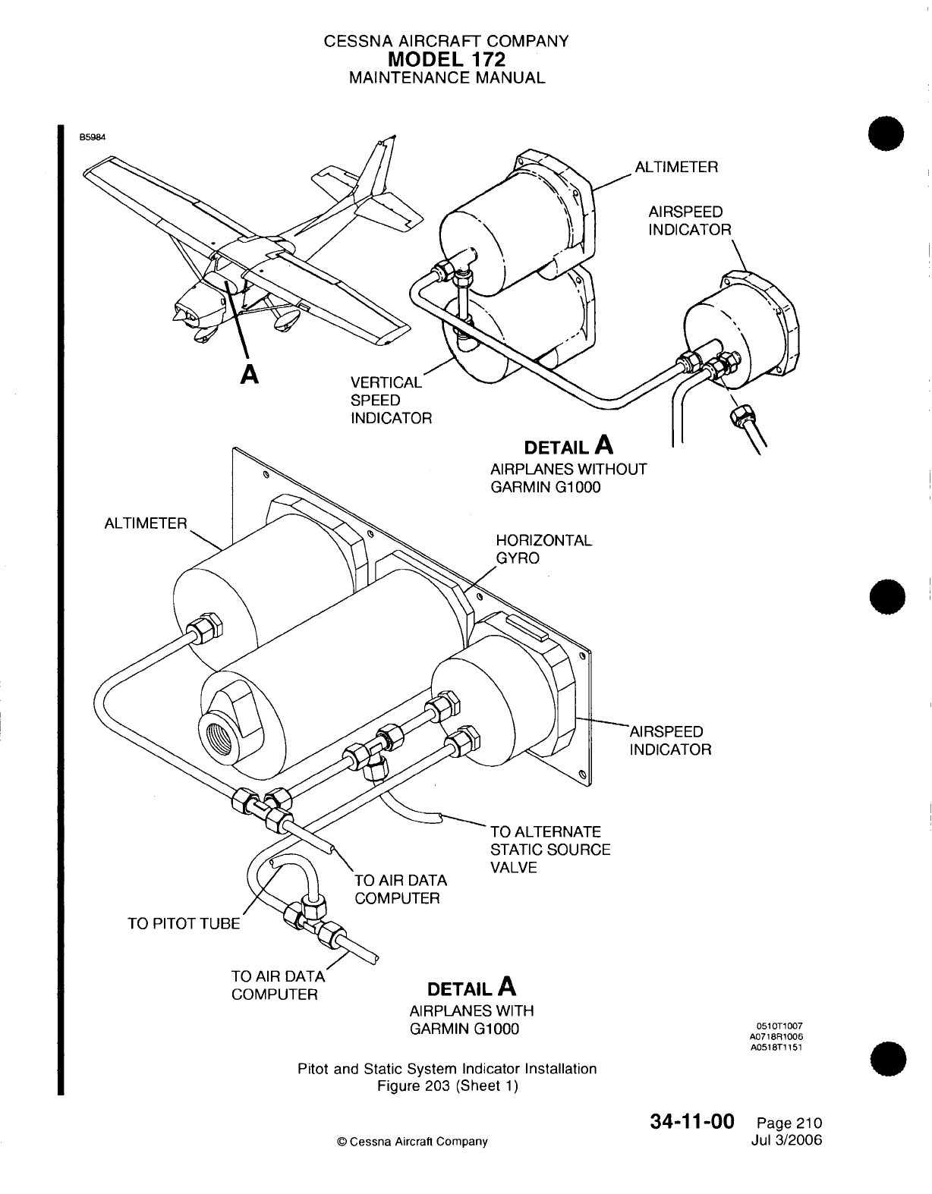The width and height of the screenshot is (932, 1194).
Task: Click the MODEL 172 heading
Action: [x=446, y=59]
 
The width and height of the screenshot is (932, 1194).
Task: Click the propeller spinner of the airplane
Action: [x=181, y=313]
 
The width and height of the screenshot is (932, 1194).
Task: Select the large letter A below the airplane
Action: [x=248, y=374]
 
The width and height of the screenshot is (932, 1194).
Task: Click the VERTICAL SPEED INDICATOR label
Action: [x=390, y=400]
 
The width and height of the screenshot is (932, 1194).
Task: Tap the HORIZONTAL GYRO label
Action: [x=543, y=550]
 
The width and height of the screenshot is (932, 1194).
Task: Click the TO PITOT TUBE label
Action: [x=184, y=923]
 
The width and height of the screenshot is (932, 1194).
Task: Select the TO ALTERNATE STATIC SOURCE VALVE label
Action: [x=550, y=850]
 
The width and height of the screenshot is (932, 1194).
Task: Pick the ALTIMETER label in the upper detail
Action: [x=675, y=167]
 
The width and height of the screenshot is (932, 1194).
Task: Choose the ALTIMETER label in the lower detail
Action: [x=145, y=523]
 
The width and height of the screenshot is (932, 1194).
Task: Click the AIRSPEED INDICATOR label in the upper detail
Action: [x=689, y=220]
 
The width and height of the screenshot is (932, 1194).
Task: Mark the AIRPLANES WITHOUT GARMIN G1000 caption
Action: [x=568, y=478]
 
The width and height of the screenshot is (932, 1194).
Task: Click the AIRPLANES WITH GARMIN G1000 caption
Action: [x=471, y=1020]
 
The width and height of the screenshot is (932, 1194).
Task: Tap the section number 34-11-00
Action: [x=691, y=1122]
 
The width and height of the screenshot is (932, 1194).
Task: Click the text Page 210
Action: [x=789, y=1123]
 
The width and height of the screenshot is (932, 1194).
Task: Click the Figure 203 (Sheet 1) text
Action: [x=447, y=1086]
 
